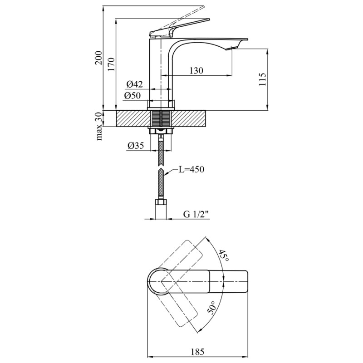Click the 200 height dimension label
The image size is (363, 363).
pos(98,58)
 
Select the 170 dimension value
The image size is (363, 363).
pos(111,64)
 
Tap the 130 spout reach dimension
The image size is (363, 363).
pos(196,70)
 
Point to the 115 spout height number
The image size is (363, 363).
pos(263,79)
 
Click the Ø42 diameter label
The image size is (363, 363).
pos(134,84)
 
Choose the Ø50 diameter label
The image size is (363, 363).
pos(132,95)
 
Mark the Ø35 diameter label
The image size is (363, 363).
pos(135,145)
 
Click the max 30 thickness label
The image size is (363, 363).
pos(98,126)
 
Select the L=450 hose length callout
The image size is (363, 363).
pos(191,169)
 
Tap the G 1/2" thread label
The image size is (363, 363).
pos(196,214)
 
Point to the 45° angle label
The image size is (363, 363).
pos(224,255)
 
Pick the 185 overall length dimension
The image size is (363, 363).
pos(197,352)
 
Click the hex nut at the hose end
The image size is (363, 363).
pos(161,201)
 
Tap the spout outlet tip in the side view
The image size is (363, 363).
pos(232,48)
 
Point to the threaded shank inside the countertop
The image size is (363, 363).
pos(161,118)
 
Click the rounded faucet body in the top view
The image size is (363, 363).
pos(157,281)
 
